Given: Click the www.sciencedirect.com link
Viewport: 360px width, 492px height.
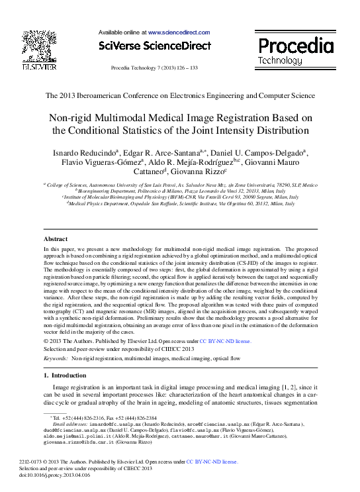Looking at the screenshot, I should click(x=179, y=32).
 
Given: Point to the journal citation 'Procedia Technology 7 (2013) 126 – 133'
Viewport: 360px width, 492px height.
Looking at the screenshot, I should click(x=154, y=68).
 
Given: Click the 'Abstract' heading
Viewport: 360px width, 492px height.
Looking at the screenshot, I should click(x=56, y=238).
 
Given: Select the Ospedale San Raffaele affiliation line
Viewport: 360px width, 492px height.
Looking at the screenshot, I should click(x=181, y=204).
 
